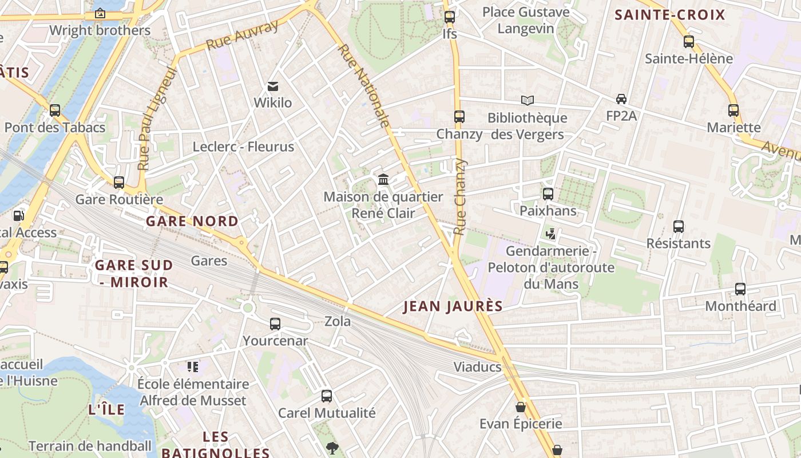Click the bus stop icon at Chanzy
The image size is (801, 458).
(459, 117)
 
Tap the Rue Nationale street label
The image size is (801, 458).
(364, 85)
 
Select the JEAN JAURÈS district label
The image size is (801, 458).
(453, 306)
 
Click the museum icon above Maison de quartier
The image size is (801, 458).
(383, 180)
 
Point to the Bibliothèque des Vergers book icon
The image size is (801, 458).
(528, 101)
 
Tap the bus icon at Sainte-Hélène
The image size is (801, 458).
(689, 42)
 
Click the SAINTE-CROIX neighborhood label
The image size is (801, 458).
(669, 15)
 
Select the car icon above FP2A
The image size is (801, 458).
(621, 99)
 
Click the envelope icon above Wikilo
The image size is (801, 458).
(273, 86)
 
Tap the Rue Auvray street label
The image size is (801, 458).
(243, 34)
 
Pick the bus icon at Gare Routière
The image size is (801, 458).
(119, 183)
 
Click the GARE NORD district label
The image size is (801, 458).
(192, 221)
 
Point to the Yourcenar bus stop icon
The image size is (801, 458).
(275, 324)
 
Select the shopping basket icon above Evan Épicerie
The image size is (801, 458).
(521, 407)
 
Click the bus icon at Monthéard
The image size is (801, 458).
(740, 289)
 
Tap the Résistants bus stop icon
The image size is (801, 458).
(679, 227)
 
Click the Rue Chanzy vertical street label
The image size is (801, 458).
(460, 196)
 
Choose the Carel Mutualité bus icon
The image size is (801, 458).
(327, 396)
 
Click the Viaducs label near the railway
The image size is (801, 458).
(477, 367)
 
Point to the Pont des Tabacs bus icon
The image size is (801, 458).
(55, 110)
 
